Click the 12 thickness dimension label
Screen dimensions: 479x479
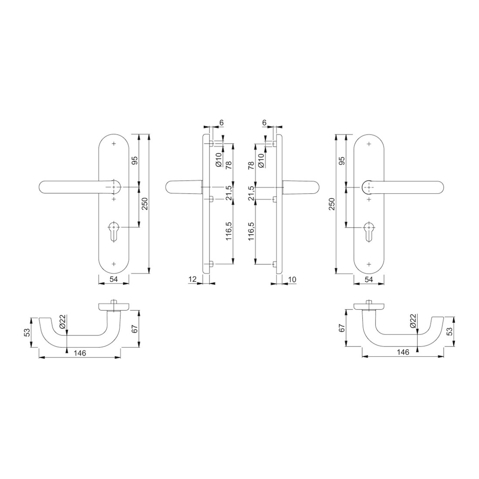click(x=192, y=279)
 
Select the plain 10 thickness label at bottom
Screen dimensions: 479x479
click(x=292, y=279)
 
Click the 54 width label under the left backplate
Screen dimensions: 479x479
click(x=114, y=279)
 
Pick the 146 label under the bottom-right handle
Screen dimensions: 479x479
click(x=403, y=352)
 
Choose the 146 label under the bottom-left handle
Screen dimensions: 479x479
click(x=80, y=353)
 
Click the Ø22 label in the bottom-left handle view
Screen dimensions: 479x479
click(x=62, y=322)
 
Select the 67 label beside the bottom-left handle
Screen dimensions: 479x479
click(x=135, y=329)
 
